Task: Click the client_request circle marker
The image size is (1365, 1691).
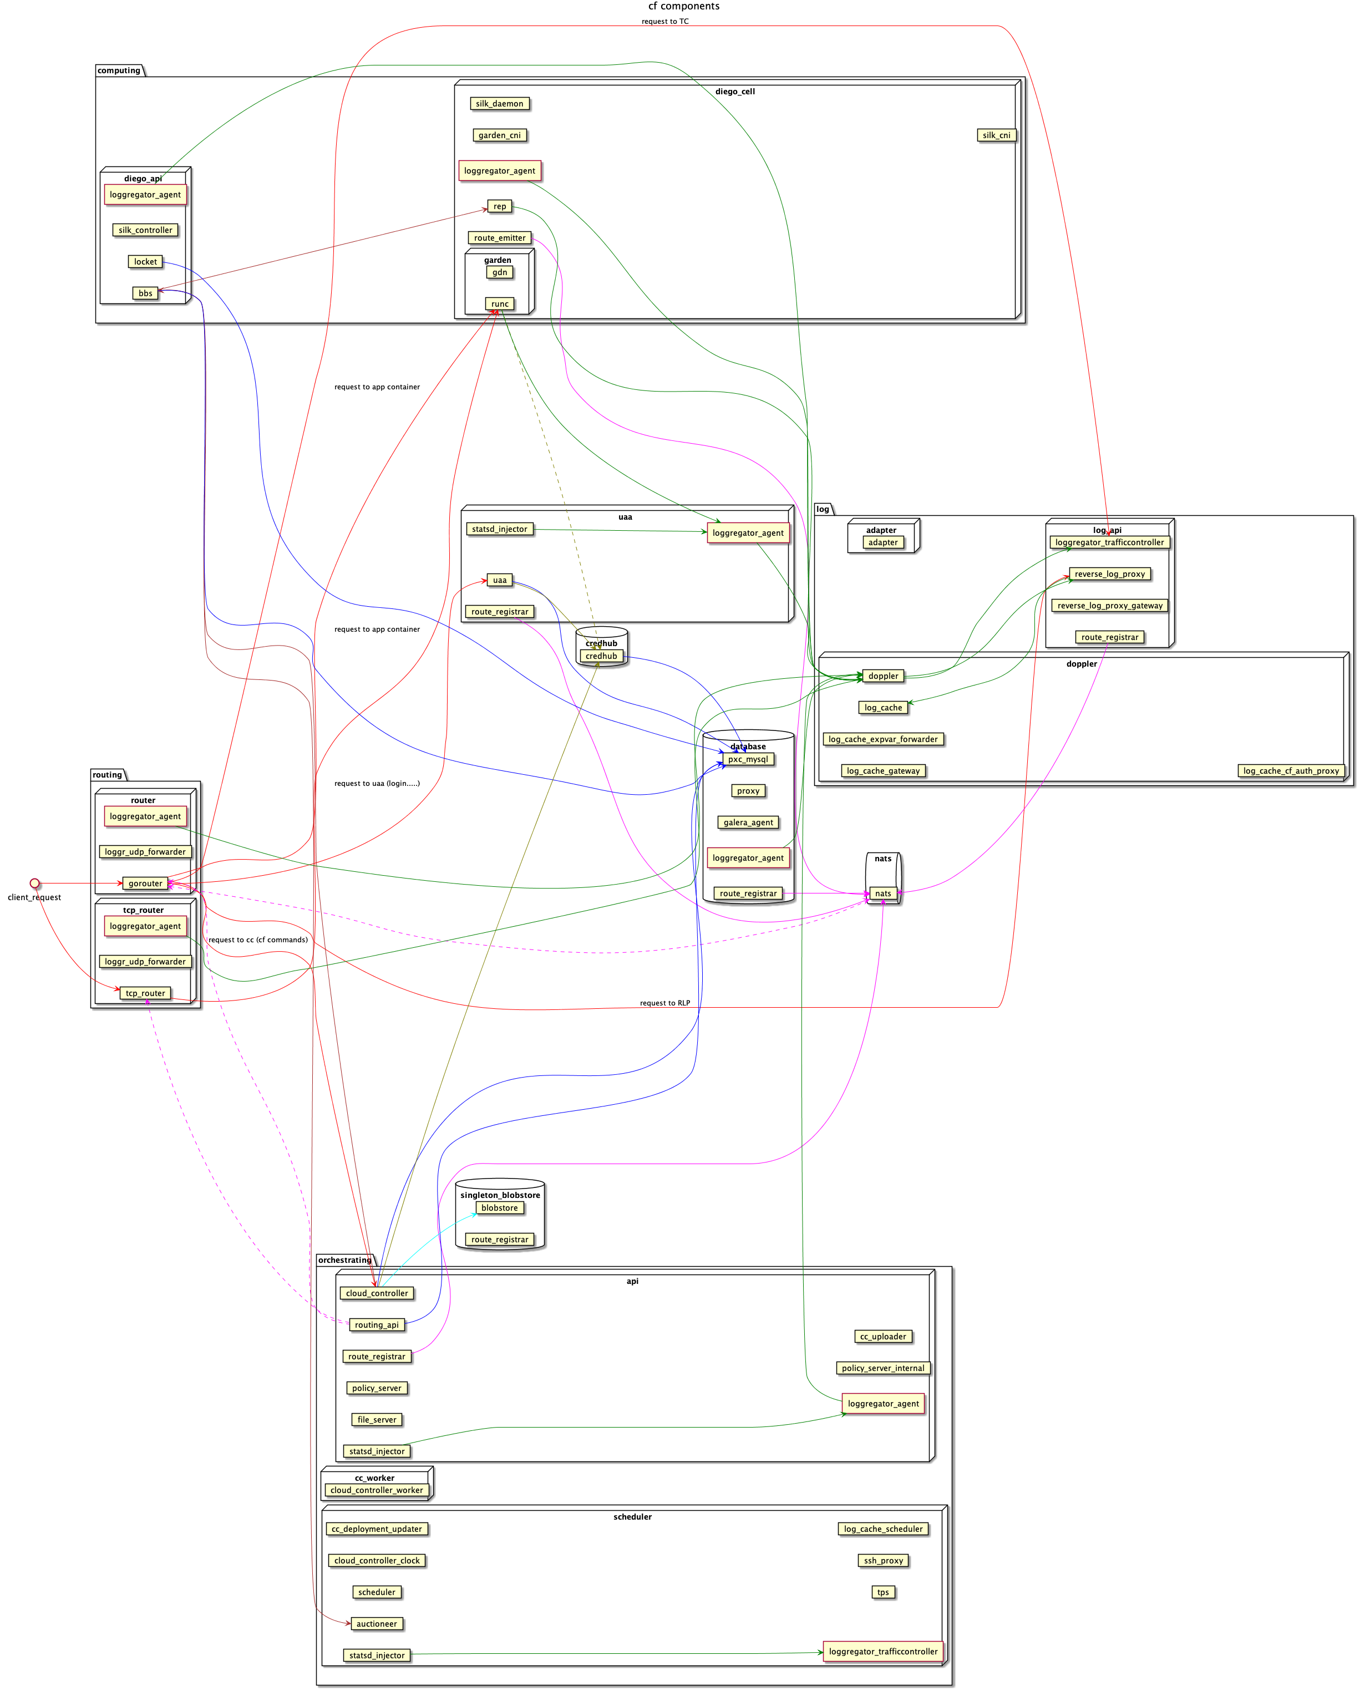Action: (x=34, y=883)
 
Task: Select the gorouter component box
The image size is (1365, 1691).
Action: (x=145, y=883)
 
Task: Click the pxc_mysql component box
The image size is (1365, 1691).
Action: (x=748, y=759)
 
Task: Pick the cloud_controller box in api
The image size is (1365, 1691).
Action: (x=377, y=1293)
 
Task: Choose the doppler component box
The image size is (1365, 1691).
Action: (x=883, y=676)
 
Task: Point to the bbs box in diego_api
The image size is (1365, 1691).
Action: (x=145, y=293)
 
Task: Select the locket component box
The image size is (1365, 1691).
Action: (x=145, y=262)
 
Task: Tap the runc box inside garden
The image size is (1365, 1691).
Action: (x=499, y=304)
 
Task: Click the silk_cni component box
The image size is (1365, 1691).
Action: (x=996, y=135)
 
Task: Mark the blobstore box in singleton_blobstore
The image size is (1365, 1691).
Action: (x=499, y=1207)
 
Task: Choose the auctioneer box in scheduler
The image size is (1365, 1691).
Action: (x=377, y=1623)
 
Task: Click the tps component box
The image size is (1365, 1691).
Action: (x=883, y=1592)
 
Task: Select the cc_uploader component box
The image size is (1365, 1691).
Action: (x=883, y=1337)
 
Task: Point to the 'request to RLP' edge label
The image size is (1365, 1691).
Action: (x=664, y=1003)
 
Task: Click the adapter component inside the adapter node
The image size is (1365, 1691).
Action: (x=883, y=542)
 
